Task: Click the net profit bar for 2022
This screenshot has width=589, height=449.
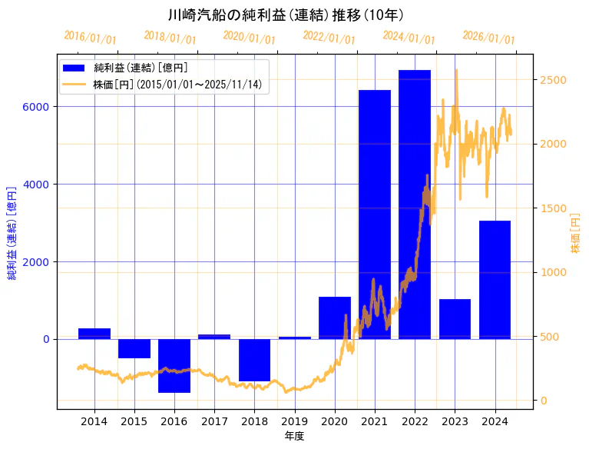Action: coord(415,204)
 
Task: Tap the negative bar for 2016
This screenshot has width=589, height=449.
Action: coord(174,365)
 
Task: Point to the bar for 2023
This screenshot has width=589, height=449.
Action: coord(455,318)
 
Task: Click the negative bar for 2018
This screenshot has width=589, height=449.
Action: coord(254,360)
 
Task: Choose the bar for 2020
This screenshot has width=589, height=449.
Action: coord(335,317)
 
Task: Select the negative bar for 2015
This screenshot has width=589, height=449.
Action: coord(134,348)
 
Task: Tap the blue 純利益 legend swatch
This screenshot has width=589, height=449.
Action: coord(74,68)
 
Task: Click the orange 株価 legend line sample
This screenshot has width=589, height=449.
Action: coord(74,84)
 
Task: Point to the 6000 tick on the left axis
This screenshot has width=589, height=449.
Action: coord(38,106)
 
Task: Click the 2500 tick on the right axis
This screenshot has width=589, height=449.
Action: coord(554,80)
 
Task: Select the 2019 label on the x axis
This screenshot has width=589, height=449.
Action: coord(295,421)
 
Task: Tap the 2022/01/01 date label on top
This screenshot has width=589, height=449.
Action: coord(329,37)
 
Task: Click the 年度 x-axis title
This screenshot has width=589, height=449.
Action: coord(295,436)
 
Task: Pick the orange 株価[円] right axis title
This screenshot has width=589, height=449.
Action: coord(575,234)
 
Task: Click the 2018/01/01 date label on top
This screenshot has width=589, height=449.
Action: coord(170,37)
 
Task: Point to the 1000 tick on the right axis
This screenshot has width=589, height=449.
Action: coord(554,272)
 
